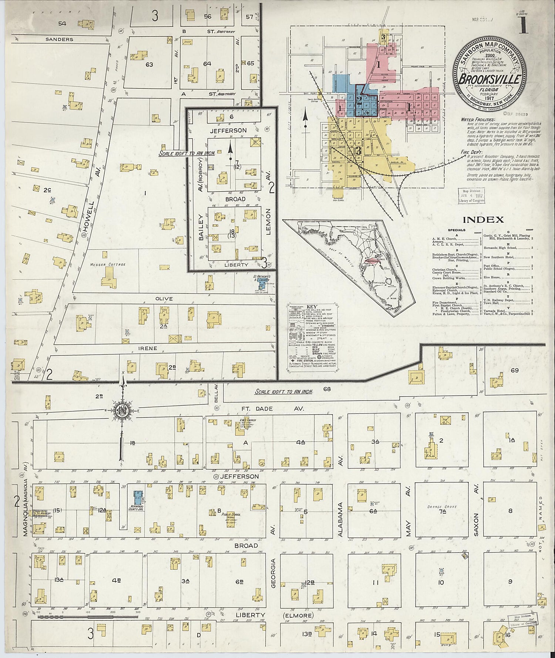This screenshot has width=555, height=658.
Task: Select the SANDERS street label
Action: point(60,39)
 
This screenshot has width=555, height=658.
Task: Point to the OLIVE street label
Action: point(164,299)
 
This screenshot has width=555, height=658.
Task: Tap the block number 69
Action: point(514,370)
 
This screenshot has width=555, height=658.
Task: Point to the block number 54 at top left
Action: point(62,24)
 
